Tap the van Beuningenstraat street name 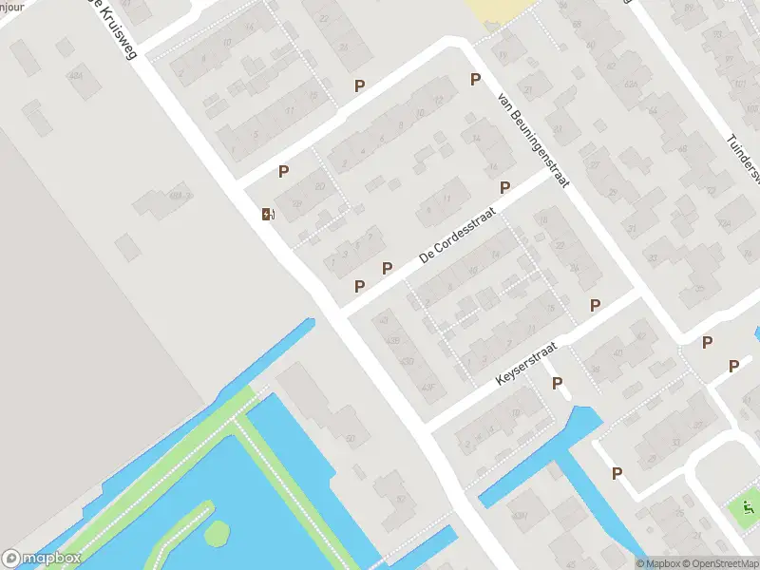[533, 138]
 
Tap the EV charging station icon [268, 214]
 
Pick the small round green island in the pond [217, 533]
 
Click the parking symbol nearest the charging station [283, 172]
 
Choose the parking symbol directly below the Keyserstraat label [558, 384]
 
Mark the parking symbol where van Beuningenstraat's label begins [475, 80]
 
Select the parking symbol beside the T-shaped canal [617, 473]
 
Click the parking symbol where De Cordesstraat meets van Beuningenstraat [504, 188]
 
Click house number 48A [173, 197]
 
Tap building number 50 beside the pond [350, 438]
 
